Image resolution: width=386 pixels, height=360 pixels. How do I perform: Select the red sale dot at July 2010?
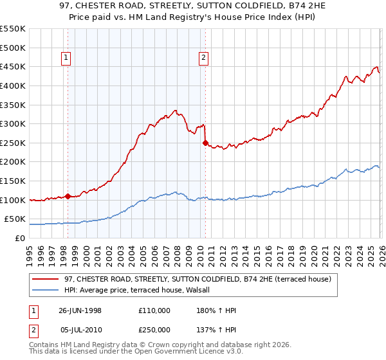[x=205, y=143]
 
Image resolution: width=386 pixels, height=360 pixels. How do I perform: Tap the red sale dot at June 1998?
[x=68, y=196]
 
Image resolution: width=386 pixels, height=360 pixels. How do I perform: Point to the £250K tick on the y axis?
[x=14, y=143]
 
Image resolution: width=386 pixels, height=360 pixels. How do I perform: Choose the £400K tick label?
[x=14, y=85]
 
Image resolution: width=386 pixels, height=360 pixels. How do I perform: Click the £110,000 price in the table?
[x=154, y=310]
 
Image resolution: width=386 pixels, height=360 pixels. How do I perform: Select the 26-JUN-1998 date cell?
[x=80, y=310]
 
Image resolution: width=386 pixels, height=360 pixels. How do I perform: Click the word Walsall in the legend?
[x=206, y=291]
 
